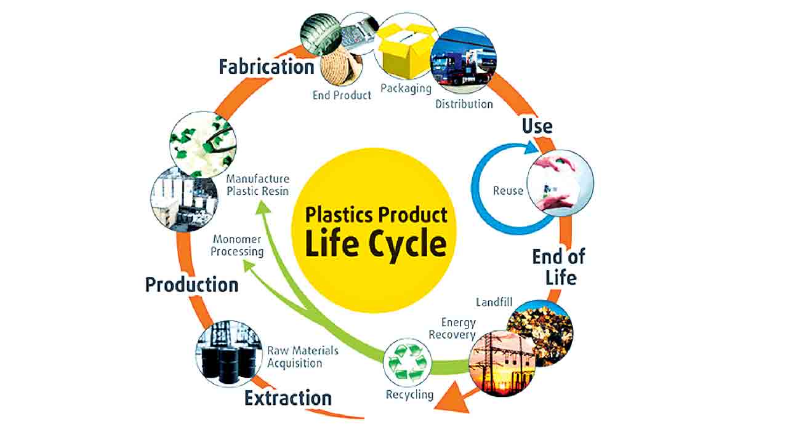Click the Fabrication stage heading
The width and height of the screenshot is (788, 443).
[267, 66]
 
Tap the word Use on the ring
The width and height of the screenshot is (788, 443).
[537, 126]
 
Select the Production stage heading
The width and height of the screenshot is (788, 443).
[191, 285]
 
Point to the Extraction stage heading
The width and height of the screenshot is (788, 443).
[287, 398]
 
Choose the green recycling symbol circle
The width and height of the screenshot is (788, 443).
[407, 362]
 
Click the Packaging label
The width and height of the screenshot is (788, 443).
[406, 88]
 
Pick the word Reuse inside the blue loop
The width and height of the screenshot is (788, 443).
[508, 190]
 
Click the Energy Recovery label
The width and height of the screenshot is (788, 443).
[452, 329]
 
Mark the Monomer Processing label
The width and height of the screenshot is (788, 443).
[237, 245]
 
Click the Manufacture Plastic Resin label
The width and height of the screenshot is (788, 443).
[257, 185]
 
